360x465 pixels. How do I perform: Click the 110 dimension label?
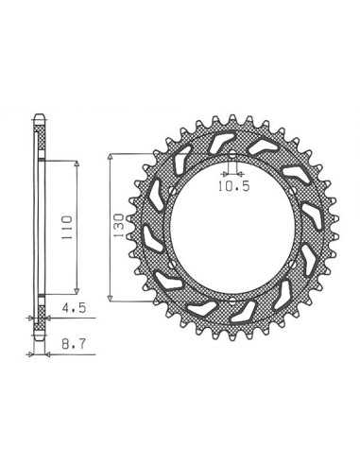[x=66, y=228]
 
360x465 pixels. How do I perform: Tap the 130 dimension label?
[x=119, y=226]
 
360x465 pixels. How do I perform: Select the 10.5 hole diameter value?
[x=234, y=186]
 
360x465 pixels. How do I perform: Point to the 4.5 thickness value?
[x=74, y=308]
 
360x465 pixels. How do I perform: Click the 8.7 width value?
[x=74, y=344]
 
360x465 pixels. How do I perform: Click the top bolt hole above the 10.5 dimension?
[x=232, y=155]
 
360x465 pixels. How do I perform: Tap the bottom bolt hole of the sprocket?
[x=232, y=300]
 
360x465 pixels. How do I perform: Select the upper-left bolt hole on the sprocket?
[x=172, y=191]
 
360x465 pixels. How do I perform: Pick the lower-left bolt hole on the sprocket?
[x=172, y=264]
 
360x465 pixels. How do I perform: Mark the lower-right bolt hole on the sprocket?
[x=292, y=264]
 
